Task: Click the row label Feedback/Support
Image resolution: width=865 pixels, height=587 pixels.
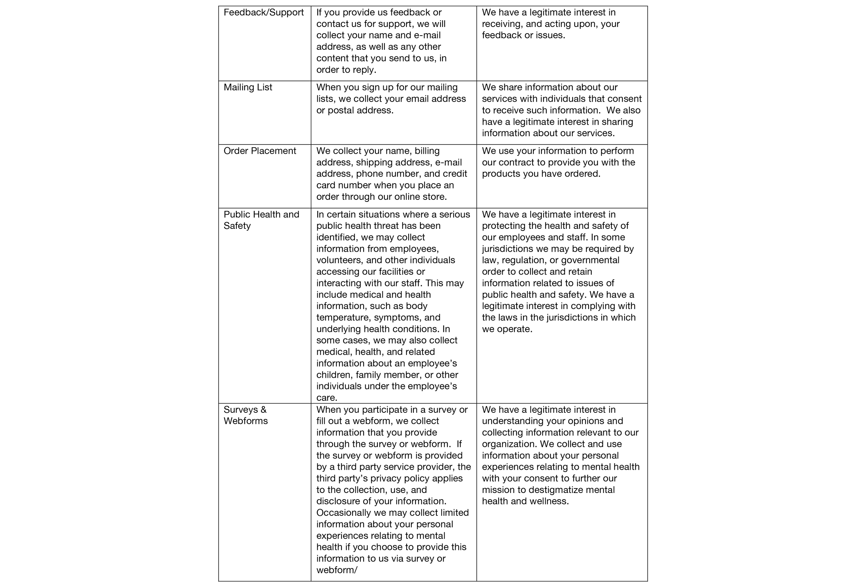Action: (264, 13)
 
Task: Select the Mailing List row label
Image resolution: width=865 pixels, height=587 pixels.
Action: (247, 87)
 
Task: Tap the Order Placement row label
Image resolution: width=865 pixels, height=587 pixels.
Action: (259, 151)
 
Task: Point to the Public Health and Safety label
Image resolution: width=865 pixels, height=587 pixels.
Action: (261, 220)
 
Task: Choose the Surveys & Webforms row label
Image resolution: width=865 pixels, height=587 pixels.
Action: (245, 416)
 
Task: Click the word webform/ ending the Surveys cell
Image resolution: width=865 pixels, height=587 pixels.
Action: (336, 570)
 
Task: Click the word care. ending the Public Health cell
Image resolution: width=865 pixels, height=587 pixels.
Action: (326, 398)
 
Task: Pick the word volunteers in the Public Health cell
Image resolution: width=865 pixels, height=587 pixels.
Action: (339, 260)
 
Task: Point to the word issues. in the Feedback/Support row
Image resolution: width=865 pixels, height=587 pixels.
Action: (550, 35)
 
